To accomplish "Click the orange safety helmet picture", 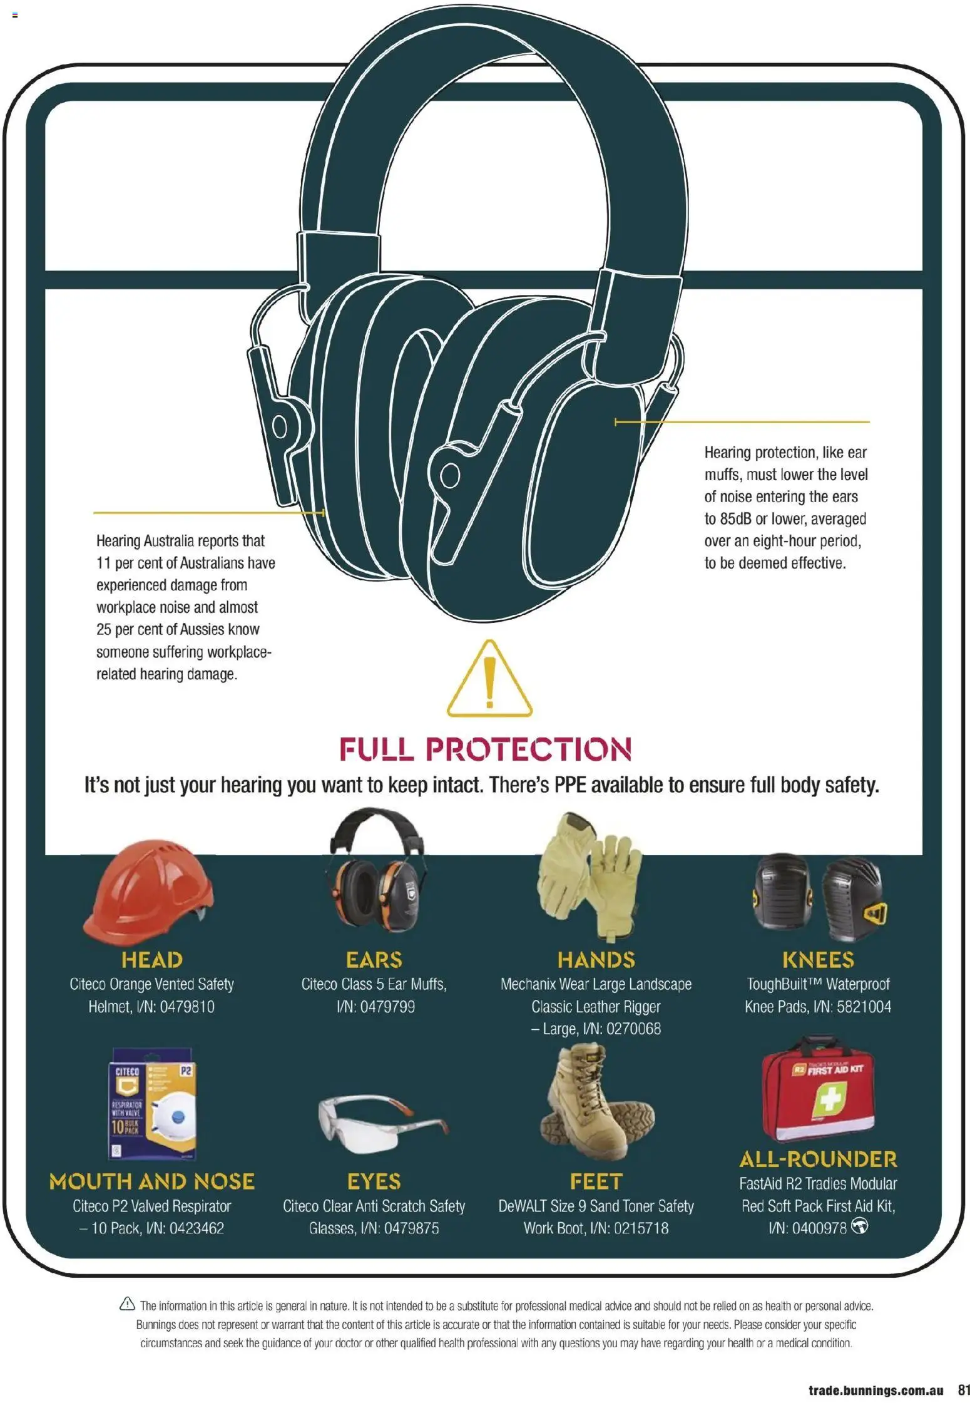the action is [x=148, y=892].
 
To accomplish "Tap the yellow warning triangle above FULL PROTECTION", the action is [x=489, y=679].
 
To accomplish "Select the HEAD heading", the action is [x=152, y=960].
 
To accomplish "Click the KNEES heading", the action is [x=818, y=960].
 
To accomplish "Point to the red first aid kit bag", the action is [x=818, y=1091].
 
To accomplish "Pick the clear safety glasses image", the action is [x=383, y=1123].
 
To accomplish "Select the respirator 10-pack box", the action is [x=152, y=1104].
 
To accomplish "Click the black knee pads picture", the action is [x=819, y=897].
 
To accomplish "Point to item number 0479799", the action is [x=387, y=1007].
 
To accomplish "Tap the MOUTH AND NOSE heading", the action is [x=152, y=1181].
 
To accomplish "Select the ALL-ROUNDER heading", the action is [x=818, y=1159].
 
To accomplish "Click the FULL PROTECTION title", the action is [x=486, y=749].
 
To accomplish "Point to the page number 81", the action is [x=963, y=1390].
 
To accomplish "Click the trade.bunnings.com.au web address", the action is [x=876, y=1390].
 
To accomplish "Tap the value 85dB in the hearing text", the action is [x=736, y=519].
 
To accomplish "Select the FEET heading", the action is [x=596, y=1181].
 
